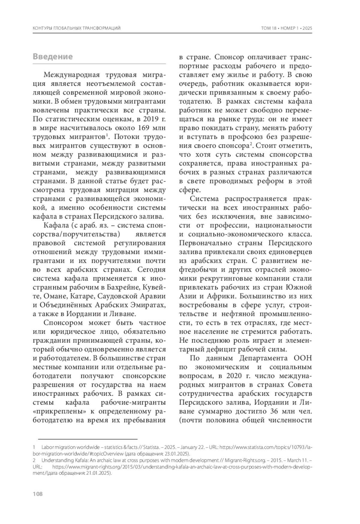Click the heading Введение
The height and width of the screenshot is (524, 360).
click(52, 57)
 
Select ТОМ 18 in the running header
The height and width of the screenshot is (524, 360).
click(269, 28)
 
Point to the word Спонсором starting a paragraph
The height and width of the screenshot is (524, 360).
click(63, 323)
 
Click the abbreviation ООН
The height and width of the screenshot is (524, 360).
click(302, 358)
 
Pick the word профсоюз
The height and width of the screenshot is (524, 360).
click(242, 137)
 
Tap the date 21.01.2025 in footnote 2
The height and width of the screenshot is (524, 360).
click(95, 474)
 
